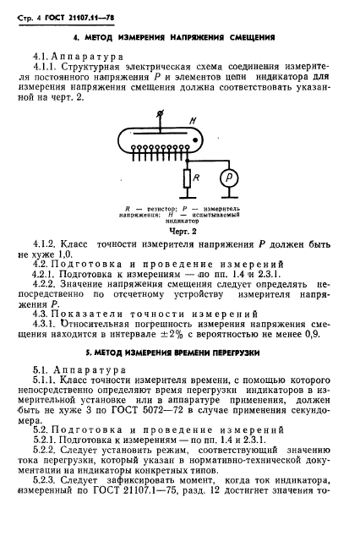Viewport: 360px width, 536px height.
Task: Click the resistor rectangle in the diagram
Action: (185, 179)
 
